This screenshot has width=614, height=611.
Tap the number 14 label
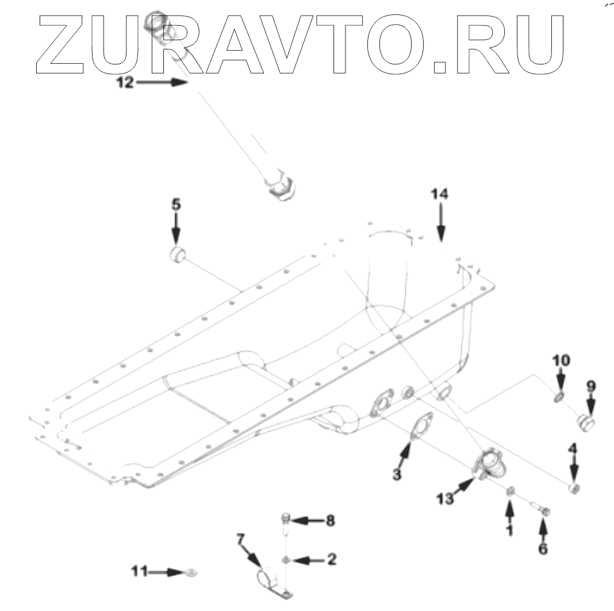pos(439,195)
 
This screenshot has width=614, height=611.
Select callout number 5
pos(176,203)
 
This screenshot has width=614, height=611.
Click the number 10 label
pos(562,361)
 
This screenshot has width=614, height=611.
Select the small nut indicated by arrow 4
pos(573,489)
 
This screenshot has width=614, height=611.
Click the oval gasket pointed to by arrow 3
pos(423,428)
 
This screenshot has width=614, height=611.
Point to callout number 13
pos(444,498)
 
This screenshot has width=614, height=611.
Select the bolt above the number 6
pos(543,510)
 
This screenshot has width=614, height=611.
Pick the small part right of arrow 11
pos(191,572)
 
